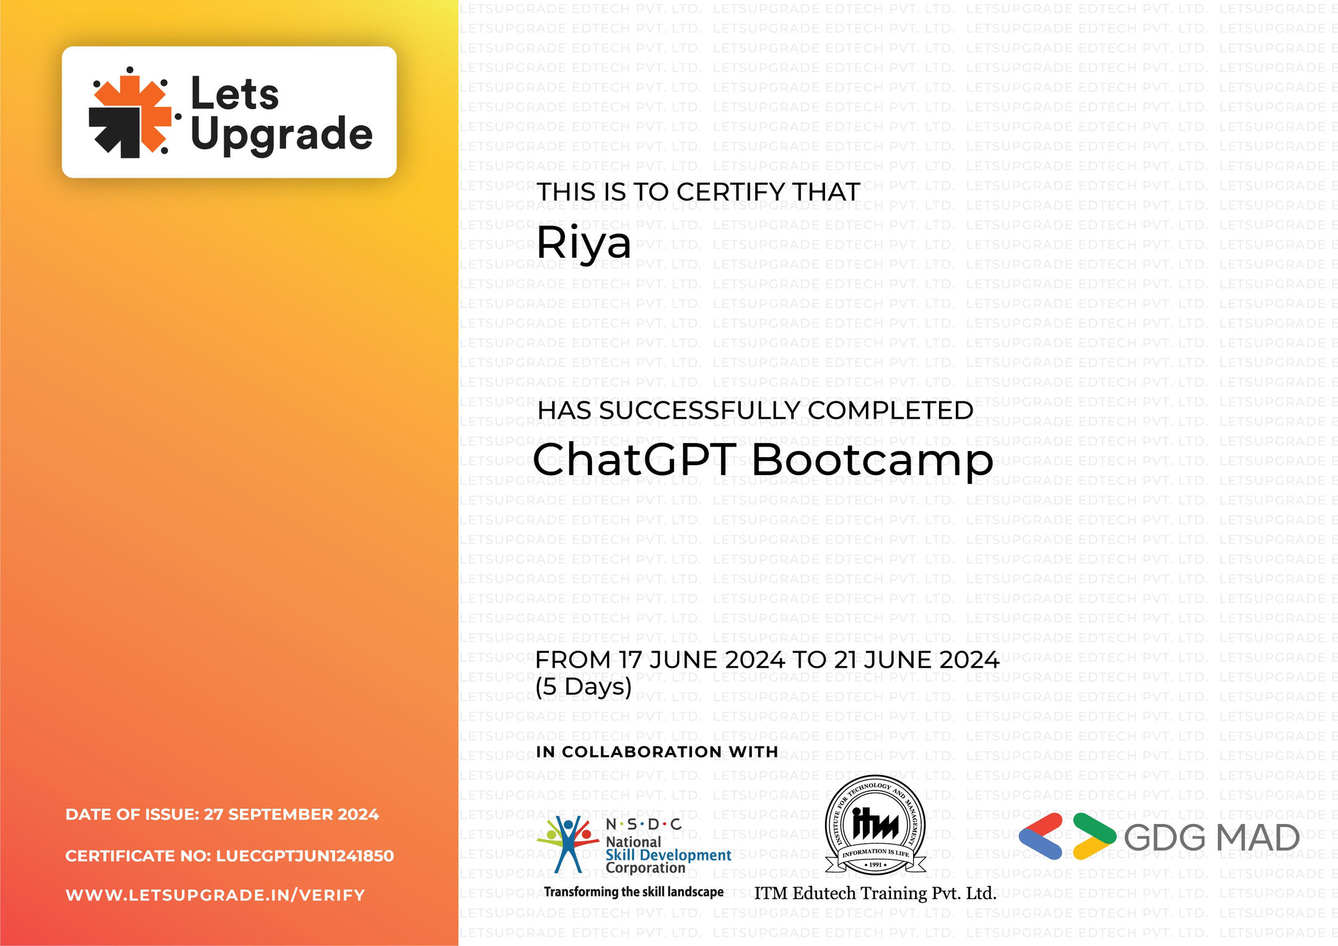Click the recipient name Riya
pos(584,243)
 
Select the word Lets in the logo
pos(234,94)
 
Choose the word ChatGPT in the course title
pos(634,460)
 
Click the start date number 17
pos(630,660)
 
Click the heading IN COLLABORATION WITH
pos(657,752)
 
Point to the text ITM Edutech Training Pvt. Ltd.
pos(875,893)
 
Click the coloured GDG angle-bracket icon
pos(1067,836)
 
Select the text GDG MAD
pos(1212,838)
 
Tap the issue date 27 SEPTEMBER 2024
pos(291,815)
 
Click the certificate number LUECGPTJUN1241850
pos(305,856)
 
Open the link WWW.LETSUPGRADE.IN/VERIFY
pos(215,895)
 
